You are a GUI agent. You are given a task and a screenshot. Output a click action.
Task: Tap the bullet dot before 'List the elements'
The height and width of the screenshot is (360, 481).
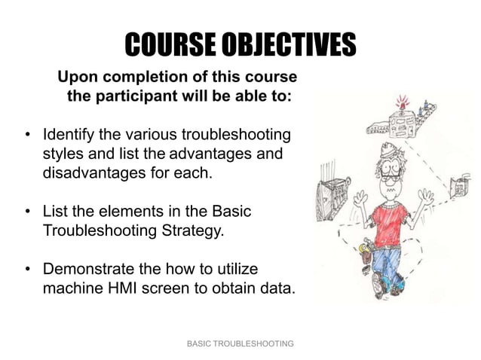[27, 212]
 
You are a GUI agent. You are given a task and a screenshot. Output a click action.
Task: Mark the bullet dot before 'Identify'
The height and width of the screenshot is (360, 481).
[27, 136]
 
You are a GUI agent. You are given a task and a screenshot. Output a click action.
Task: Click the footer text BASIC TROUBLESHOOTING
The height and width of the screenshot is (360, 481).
[240, 343]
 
